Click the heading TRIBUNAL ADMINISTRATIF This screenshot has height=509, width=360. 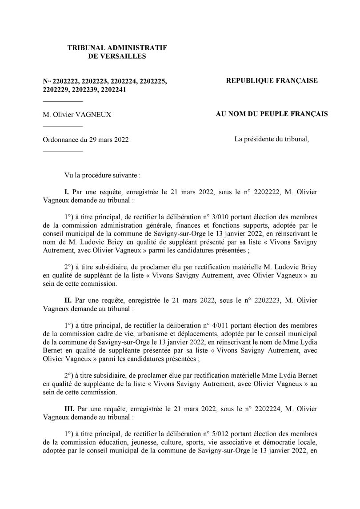[x=117, y=47]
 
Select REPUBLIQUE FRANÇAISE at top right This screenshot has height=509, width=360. [x=272, y=80]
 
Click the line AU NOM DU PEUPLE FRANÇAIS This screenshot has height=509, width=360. [x=272, y=114]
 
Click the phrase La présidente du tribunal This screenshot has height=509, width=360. [x=272, y=139]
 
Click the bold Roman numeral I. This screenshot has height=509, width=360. [x=67, y=192]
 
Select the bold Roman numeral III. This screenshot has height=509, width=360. [x=69, y=409]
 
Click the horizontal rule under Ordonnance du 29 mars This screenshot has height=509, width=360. [x=63, y=152]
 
